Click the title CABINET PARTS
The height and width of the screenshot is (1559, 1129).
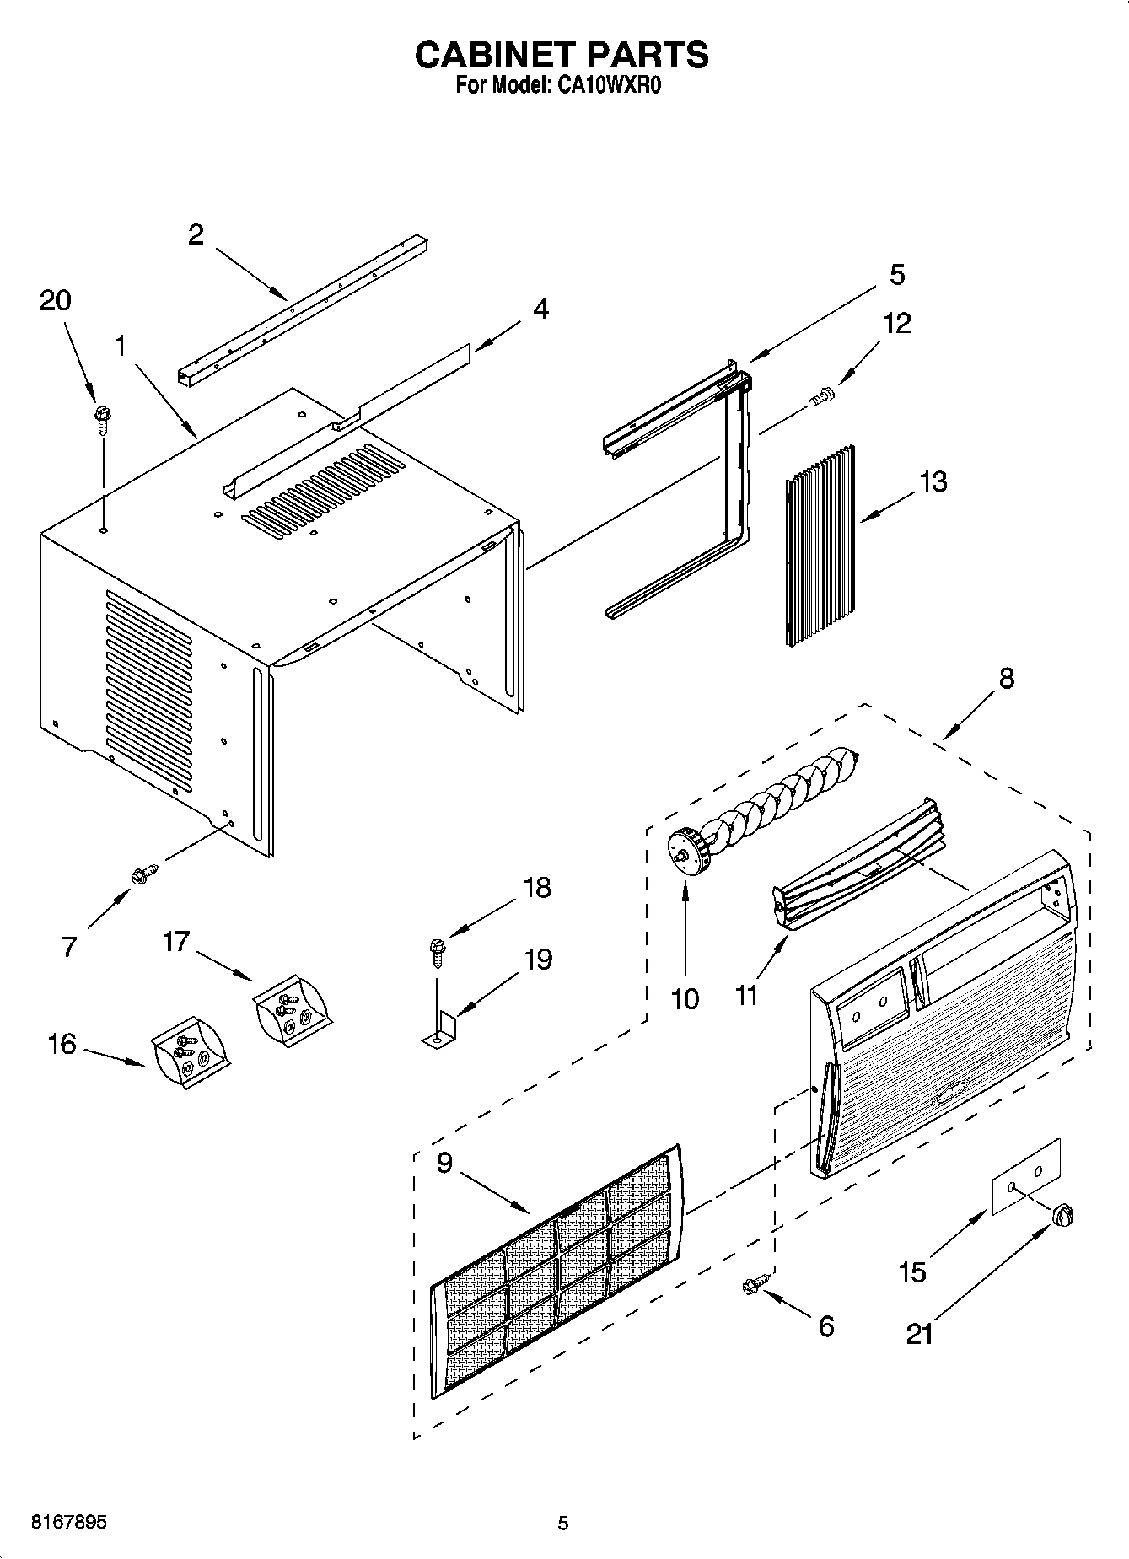(562, 55)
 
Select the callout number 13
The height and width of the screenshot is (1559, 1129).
(933, 481)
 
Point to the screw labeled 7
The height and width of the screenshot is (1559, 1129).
(145, 874)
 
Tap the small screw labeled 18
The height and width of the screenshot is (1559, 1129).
(438, 953)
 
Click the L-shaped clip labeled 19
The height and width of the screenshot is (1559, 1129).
(439, 1034)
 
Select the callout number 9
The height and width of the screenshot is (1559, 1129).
(444, 1163)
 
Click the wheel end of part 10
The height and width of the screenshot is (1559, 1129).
(685, 853)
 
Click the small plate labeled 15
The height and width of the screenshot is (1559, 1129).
(1024, 1176)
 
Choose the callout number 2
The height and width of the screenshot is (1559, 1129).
(196, 234)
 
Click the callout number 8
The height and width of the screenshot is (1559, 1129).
(1006, 679)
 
